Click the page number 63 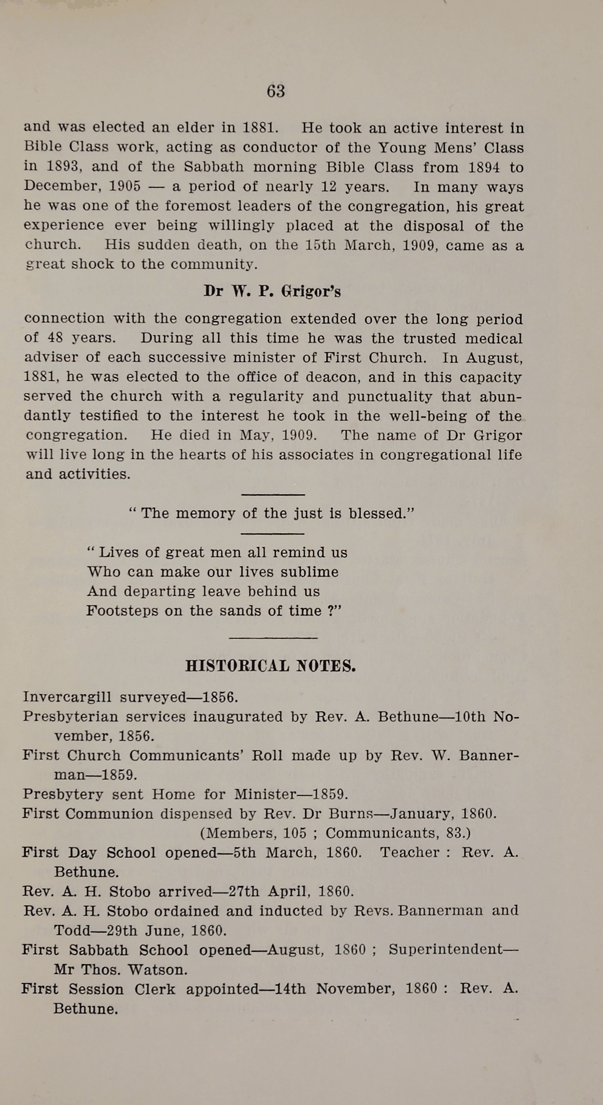(276, 91)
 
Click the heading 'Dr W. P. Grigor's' (272, 291)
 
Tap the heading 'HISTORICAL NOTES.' (270, 666)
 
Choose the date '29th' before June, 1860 (122, 931)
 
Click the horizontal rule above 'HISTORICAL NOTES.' (273, 638)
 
